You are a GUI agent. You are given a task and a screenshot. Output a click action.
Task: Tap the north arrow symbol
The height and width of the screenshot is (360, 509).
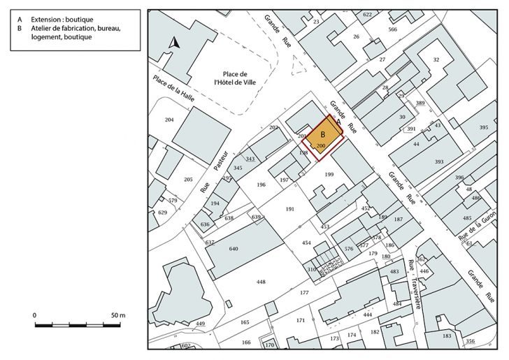click(175, 43)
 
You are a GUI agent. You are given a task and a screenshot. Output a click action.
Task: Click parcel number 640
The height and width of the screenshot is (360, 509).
click(234, 248)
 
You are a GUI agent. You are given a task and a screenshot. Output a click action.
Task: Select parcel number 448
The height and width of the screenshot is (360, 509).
click(261, 282)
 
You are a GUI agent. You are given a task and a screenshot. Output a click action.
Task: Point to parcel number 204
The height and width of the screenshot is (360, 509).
click(169, 120)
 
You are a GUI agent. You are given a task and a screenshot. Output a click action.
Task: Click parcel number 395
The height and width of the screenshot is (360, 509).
click(484, 127)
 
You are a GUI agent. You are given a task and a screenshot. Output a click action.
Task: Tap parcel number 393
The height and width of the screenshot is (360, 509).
click(439, 161)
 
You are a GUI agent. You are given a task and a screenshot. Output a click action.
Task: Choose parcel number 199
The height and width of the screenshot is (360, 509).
click(330, 174)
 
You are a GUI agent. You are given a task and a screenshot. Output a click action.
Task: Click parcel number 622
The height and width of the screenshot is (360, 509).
click(368, 14)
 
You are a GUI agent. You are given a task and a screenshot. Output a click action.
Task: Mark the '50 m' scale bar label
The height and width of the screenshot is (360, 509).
click(117, 316)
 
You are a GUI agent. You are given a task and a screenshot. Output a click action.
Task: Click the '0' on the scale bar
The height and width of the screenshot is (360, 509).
click(35, 316)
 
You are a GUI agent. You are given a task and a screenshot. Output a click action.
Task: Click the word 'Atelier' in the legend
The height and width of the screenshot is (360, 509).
click(41, 29)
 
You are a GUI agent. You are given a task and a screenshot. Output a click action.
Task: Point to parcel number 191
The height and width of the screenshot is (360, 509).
click(290, 208)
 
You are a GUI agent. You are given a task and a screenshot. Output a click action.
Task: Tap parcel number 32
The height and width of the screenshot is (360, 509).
click(436, 60)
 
